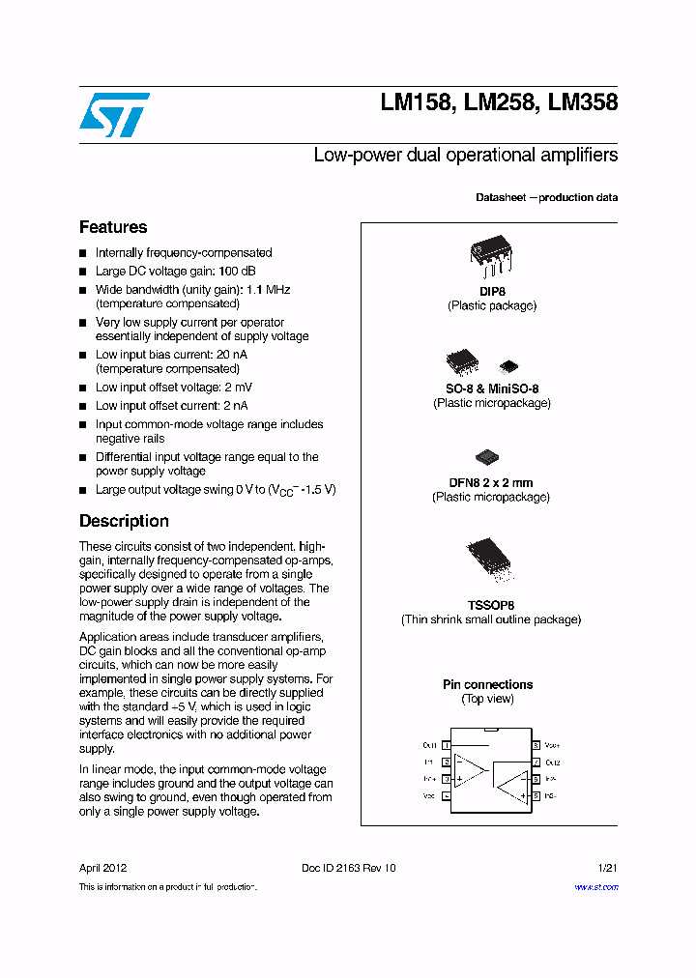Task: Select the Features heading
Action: point(113,228)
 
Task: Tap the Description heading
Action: point(124,522)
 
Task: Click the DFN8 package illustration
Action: point(487,456)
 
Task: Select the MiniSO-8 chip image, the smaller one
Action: point(508,366)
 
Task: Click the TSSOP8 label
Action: point(491,605)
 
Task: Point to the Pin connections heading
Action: point(487,685)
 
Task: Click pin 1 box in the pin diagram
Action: point(447,745)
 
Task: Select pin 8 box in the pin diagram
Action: point(536,745)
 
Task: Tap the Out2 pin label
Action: point(553,762)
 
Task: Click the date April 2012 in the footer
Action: point(102,868)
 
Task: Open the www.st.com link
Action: point(595,887)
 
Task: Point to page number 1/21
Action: point(607,868)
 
